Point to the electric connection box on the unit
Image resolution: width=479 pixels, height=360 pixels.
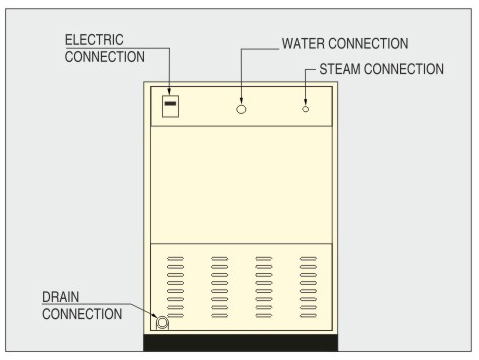pyautogui.click(x=171, y=105)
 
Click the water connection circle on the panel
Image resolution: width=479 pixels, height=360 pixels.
pyautogui.click(x=241, y=107)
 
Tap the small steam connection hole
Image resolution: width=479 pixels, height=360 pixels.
pyautogui.click(x=306, y=107)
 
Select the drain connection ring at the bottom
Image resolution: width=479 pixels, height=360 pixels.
pyautogui.click(x=162, y=322)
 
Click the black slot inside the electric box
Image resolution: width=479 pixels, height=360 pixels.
pyautogui.click(x=171, y=103)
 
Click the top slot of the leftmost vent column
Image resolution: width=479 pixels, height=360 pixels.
pyautogui.click(x=175, y=258)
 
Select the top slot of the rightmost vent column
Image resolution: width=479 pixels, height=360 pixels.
pyautogui.click(x=308, y=258)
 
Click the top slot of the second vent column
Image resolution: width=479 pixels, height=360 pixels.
pyautogui.click(x=220, y=258)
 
